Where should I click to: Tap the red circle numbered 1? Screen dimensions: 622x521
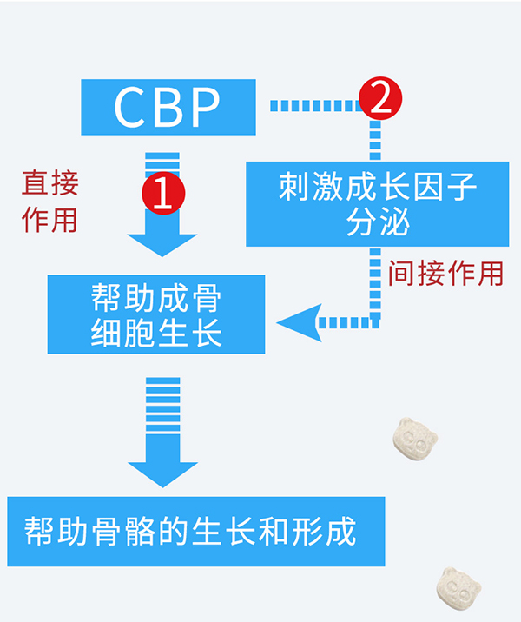(163, 194)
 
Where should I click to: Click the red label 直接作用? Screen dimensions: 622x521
(49, 201)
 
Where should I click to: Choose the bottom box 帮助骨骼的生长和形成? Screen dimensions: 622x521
(195, 531)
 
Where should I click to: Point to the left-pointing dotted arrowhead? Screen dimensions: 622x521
(297, 323)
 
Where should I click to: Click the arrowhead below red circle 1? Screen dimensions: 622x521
(162, 242)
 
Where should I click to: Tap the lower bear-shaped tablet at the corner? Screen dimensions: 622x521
(459, 590)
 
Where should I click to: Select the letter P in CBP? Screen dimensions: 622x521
(204, 106)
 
